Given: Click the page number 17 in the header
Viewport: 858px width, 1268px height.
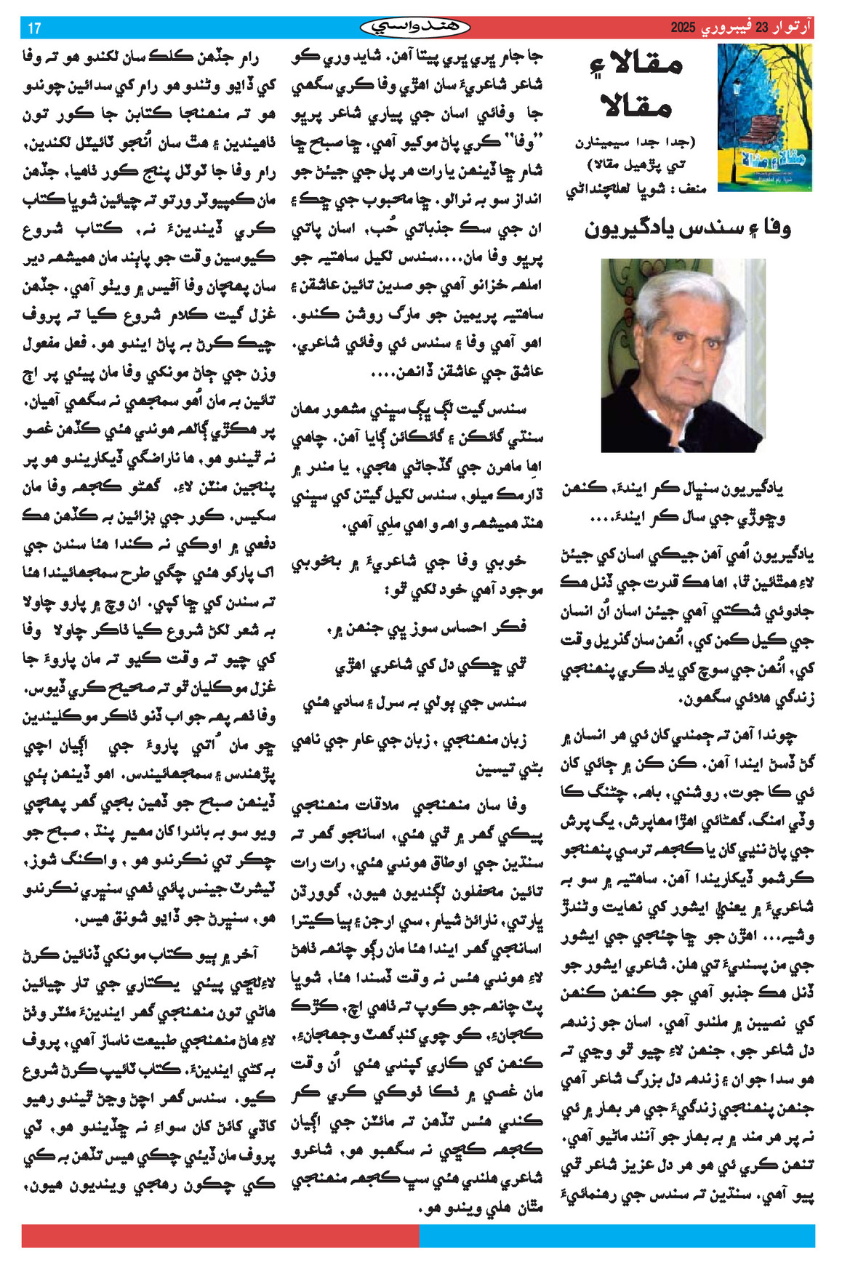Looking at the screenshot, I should click(34, 28).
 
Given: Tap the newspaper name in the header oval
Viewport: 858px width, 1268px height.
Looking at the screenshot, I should click(415, 28).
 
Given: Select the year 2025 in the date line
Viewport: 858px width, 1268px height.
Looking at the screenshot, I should click(683, 28).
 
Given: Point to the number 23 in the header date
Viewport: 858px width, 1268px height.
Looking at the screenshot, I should click(761, 28).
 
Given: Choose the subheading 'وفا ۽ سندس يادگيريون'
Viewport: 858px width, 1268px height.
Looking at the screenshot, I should click(687, 228).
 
